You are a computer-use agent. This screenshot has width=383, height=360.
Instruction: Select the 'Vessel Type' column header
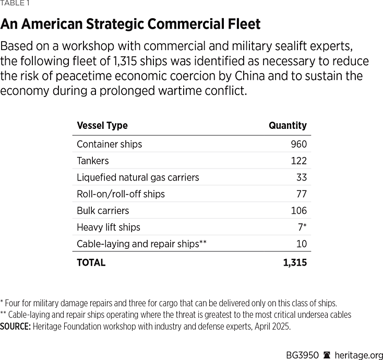pyautogui.click(x=102, y=126)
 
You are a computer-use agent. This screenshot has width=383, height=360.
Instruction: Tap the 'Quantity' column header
pyautogui.click(x=288, y=126)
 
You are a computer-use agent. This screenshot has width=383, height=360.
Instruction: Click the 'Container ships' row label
pyautogui.click(x=109, y=144)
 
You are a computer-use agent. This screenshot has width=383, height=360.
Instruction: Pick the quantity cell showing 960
pyautogui.click(x=299, y=144)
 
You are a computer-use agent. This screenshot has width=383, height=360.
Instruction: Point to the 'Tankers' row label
pyautogui.click(x=92, y=161)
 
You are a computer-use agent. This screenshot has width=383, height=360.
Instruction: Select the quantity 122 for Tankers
pyautogui.click(x=299, y=161)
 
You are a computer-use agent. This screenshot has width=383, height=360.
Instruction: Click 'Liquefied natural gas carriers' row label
pyautogui.click(x=138, y=177)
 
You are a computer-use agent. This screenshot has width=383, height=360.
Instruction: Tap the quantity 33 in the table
pyautogui.click(x=301, y=177)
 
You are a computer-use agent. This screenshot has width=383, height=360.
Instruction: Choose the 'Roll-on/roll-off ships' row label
pyautogui.click(x=121, y=194)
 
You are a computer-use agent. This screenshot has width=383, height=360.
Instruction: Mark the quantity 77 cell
pyautogui.click(x=301, y=194)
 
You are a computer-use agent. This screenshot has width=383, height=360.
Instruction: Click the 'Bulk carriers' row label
pyautogui.click(x=103, y=211)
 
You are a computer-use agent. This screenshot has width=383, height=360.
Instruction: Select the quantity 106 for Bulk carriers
pyautogui.click(x=298, y=211)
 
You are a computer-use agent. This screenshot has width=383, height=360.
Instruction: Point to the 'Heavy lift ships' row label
pyautogui.click(x=108, y=227)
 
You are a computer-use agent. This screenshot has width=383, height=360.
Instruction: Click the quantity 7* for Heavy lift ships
pyautogui.click(x=302, y=227)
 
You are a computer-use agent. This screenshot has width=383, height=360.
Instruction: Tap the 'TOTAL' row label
pyautogui.click(x=91, y=263)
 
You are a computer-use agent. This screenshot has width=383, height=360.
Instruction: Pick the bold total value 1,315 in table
pyautogui.click(x=295, y=263)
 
